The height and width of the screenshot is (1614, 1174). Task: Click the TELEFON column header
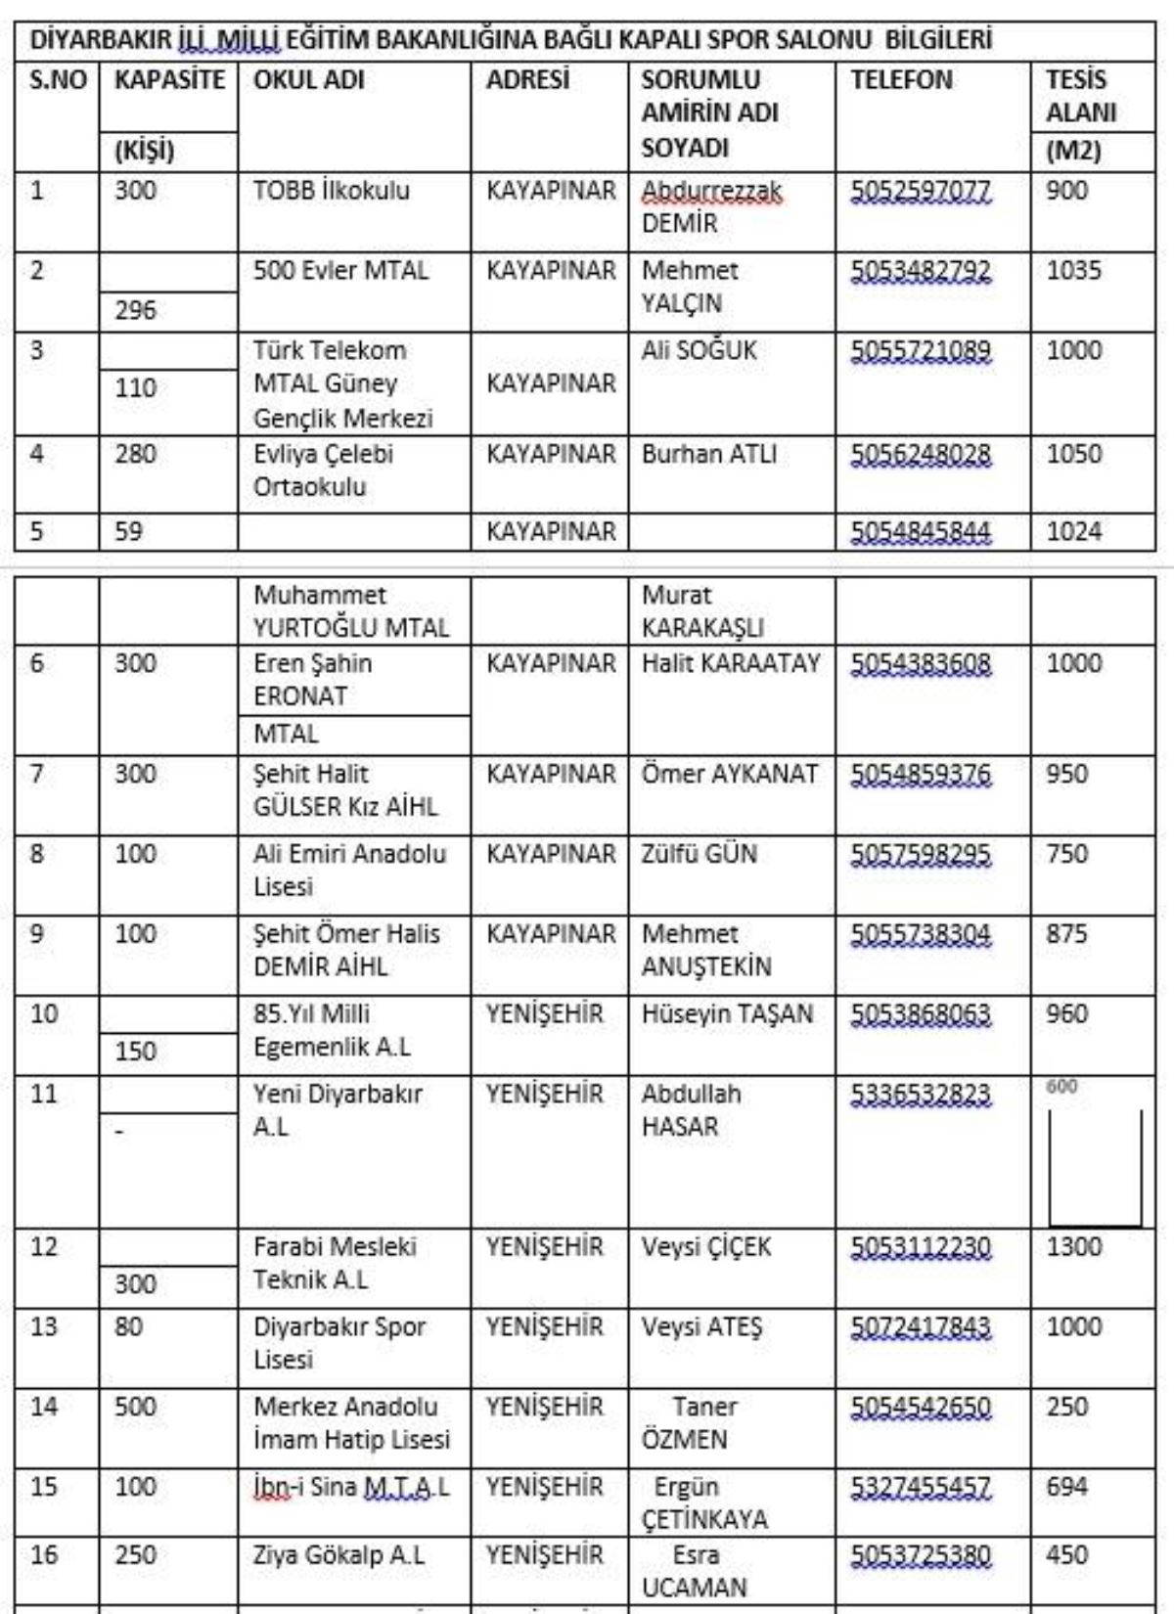coord(901,80)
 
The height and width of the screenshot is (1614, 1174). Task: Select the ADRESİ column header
coord(527,80)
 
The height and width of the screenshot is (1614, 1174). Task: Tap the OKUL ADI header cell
coord(309,80)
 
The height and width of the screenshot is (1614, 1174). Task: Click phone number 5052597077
coord(921,191)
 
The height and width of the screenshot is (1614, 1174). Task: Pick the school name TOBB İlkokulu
coord(332,191)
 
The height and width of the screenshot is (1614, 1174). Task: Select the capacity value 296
coord(135,310)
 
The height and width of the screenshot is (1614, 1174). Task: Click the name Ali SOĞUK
coord(700,350)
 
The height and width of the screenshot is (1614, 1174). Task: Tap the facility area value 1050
coord(1073,454)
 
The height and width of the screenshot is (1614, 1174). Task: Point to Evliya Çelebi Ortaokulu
coord(323,471)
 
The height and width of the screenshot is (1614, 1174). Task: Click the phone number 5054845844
coord(921,532)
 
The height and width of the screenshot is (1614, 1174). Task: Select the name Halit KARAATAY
coord(731,663)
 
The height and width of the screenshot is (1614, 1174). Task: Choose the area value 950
coord(1066,774)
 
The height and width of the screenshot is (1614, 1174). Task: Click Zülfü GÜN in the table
coord(700,854)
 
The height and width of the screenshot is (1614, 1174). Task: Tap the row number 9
coord(37,933)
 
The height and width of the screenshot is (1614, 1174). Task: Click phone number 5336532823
coord(921,1094)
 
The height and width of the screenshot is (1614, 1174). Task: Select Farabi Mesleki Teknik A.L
coord(335,1263)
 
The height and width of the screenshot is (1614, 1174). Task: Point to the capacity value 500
coord(135,1407)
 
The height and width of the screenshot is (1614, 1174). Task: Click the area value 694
coord(1066,1487)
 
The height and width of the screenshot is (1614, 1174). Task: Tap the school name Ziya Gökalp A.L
coord(339,1555)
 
